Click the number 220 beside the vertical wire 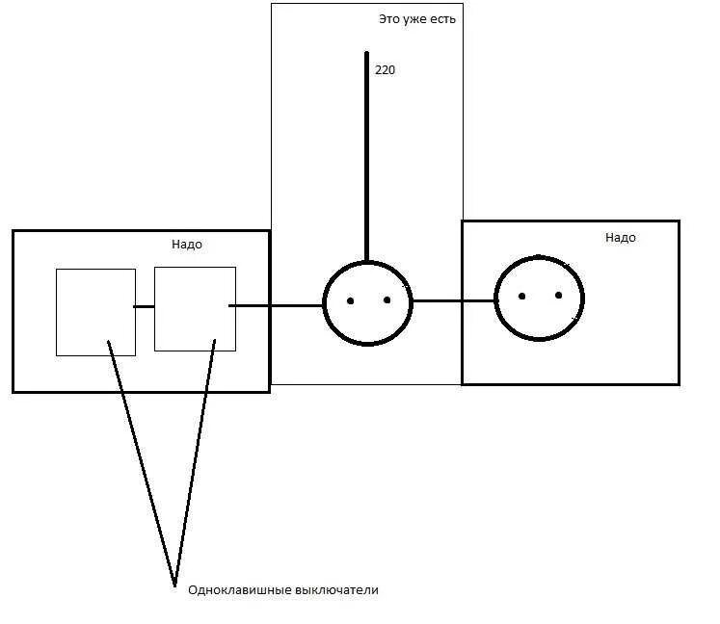pyautogui.click(x=385, y=70)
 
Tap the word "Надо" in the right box pyautogui.click(x=621, y=237)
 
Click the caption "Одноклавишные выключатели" pyautogui.click(x=283, y=589)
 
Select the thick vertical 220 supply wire pyautogui.click(x=366, y=154)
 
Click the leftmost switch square pyautogui.click(x=95, y=312)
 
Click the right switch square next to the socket pyautogui.click(x=195, y=308)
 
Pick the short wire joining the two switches pyautogui.click(x=144, y=306)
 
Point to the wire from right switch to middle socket pyautogui.click(x=278, y=306)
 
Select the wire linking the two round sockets pyautogui.click(x=454, y=300)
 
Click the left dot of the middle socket pyautogui.click(x=351, y=301)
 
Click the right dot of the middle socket pyautogui.click(x=387, y=299)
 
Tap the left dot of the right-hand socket pyautogui.click(x=521, y=296)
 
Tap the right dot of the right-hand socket pyautogui.click(x=558, y=295)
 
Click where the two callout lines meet pyautogui.click(x=174, y=584)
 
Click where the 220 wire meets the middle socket pyautogui.click(x=366, y=261)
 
